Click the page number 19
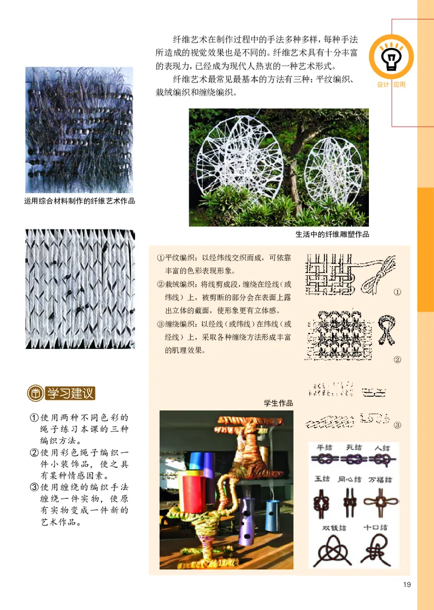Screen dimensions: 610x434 [407, 584]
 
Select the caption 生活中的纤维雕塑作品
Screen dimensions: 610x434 [332, 235]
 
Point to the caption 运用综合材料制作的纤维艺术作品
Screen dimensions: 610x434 [79, 201]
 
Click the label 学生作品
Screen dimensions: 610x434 [278, 403]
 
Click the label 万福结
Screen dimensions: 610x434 [381, 480]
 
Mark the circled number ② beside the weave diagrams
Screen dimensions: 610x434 [397, 359]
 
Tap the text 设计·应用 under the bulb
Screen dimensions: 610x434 [391, 85]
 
